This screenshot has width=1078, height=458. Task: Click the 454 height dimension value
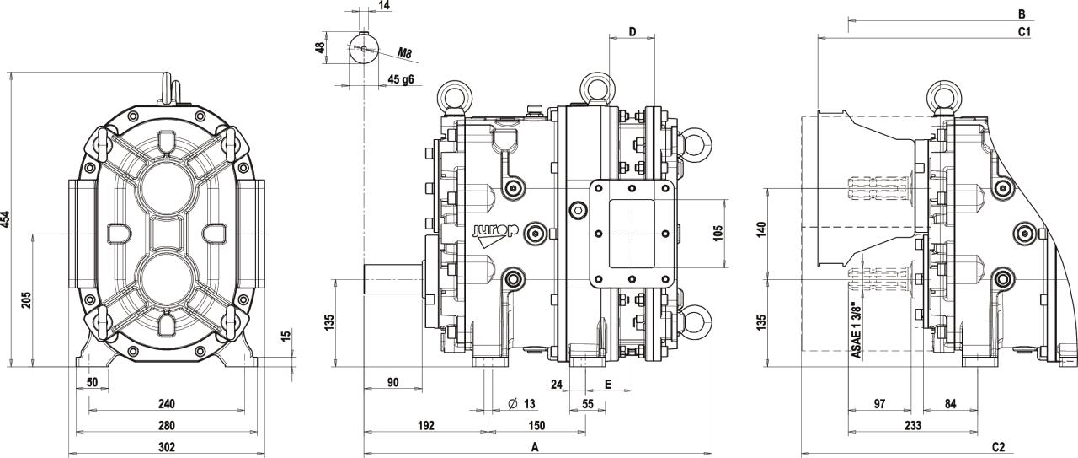[5, 219]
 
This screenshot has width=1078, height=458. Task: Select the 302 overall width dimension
[167, 447]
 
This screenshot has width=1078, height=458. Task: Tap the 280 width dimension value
[167, 426]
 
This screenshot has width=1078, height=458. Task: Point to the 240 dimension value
[167, 404]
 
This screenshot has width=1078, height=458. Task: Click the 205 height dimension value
[26, 300]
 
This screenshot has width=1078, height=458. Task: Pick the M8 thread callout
[404, 52]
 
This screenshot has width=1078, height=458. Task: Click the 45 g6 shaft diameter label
[400, 79]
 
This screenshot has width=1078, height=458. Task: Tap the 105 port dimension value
[718, 234]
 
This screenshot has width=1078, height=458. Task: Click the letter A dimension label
[535, 447]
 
